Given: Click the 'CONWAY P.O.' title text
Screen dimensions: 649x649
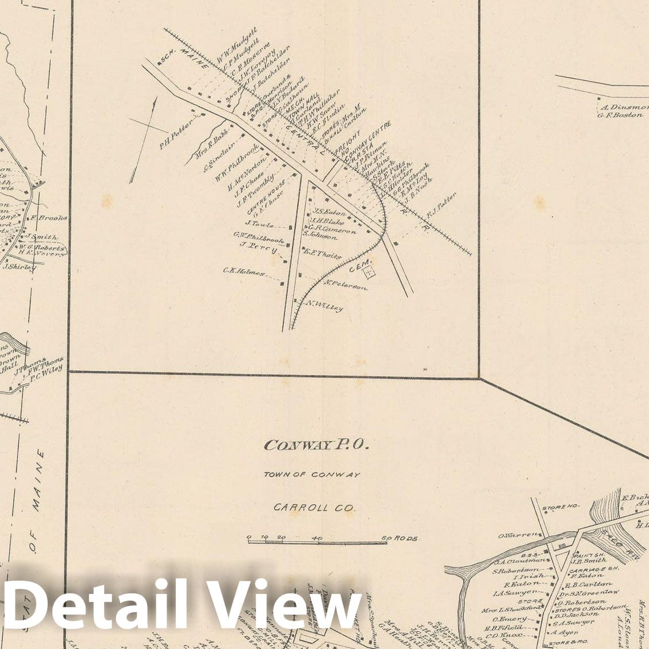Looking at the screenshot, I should click(x=316, y=445).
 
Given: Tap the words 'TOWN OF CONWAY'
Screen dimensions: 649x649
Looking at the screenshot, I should click(x=312, y=475).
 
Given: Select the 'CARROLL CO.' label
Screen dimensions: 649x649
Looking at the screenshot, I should click(x=314, y=508).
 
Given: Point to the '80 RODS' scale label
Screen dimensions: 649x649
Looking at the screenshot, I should click(x=400, y=539).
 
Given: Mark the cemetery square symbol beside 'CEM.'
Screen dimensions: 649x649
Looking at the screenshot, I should click(x=369, y=268).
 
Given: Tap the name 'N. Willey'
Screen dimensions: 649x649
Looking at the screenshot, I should click(x=324, y=306).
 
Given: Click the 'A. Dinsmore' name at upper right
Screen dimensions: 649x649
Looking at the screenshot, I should click(x=624, y=107).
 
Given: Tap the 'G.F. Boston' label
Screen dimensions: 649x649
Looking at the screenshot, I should click(x=620, y=116).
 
